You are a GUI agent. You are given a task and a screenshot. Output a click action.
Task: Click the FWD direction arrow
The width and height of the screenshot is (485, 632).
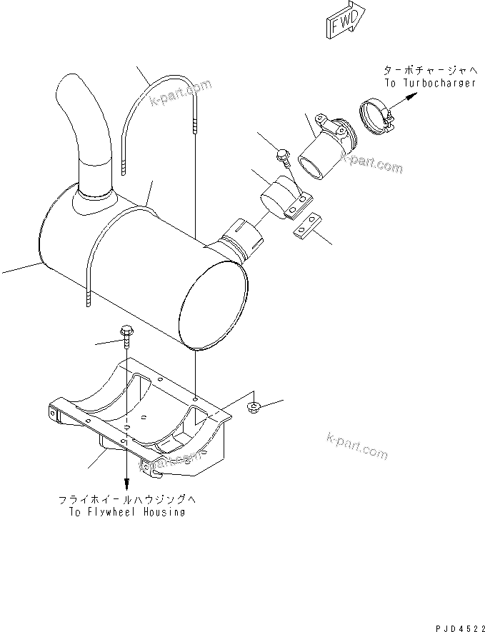tap(345, 22)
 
